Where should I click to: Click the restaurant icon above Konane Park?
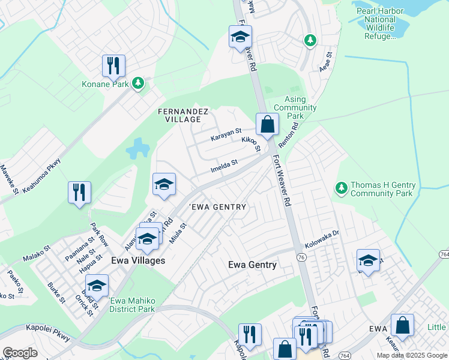(113, 65)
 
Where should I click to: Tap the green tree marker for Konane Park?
(139, 83)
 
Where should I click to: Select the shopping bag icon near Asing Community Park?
(267, 125)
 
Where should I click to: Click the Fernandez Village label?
(182, 115)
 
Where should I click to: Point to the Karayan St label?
(225, 134)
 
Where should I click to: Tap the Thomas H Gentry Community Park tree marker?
(341, 189)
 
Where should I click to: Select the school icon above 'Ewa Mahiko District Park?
(96, 285)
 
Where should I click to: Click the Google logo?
(20, 353)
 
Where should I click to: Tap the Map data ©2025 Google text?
(411, 355)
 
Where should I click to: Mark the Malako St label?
(36, 256)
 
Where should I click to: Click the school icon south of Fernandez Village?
(163, 184)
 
